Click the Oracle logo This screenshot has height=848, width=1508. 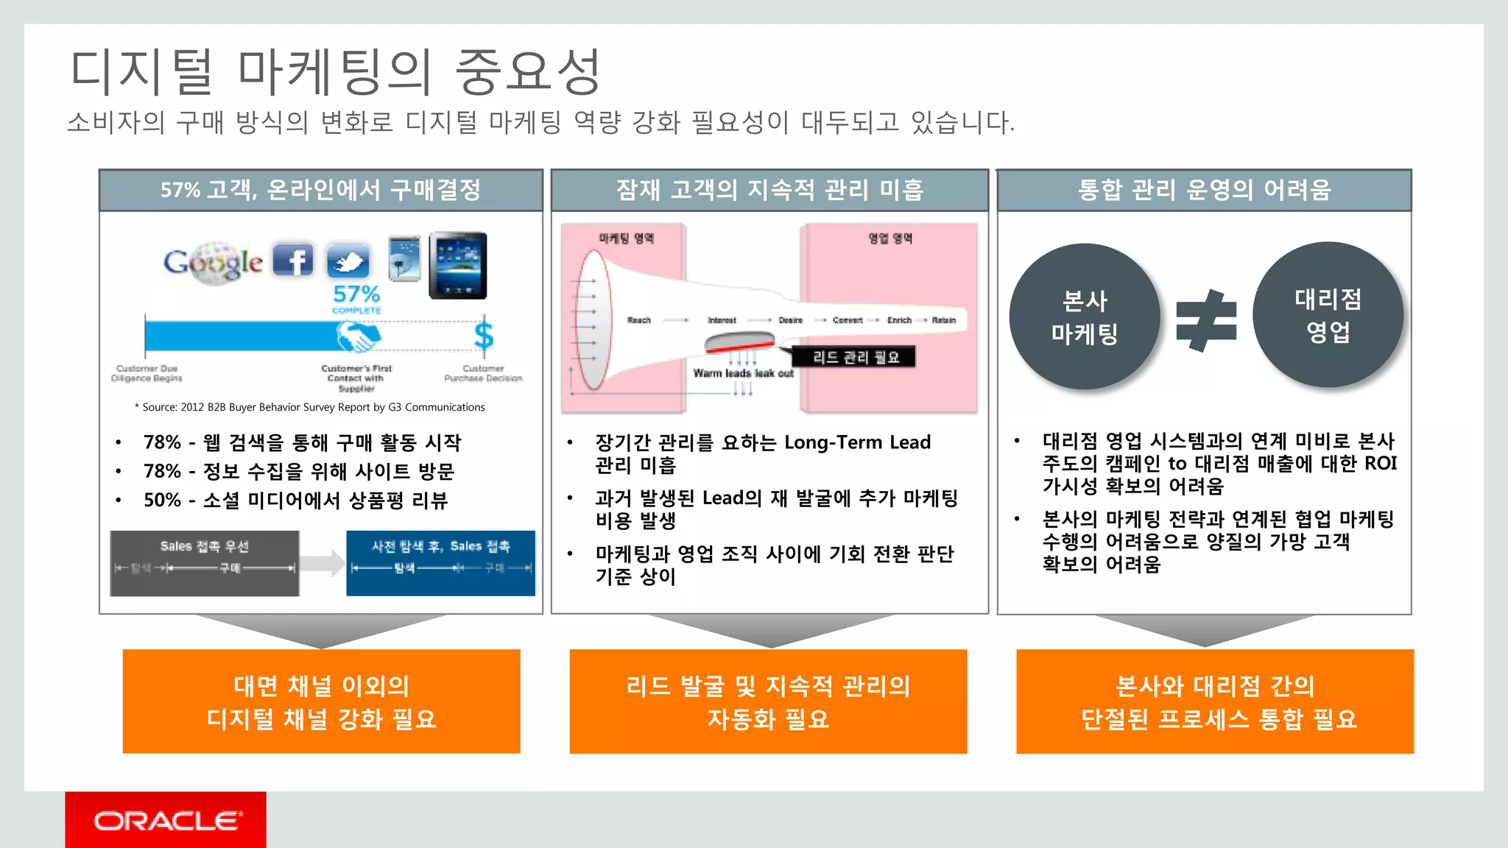tap(166, 820)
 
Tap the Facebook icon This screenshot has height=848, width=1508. tap(293, 260)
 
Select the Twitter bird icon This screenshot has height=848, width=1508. tap(348, 261)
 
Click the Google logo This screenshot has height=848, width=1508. tap(213, 263)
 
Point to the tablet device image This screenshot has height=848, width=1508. tap(458, 265)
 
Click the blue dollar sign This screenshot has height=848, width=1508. tap(484, 336)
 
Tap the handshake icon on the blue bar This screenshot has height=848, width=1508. tap(358, 336)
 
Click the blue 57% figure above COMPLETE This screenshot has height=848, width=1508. tap(356, 294)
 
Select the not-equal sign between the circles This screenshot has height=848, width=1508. tap(1206, 320)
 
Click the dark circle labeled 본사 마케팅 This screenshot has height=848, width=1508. tap(1084, 317)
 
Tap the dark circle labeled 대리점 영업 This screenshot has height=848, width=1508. tap(1328, 315)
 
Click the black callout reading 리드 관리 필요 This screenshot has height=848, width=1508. tap(855, 358)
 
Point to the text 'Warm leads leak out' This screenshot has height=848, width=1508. tap(743, 373)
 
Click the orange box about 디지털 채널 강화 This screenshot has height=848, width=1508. tap(322, 702)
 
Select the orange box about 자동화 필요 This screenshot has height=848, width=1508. tap(768, 702)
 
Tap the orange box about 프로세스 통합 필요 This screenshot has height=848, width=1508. tap(1215, 702)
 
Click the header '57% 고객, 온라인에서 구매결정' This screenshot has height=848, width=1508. tap(321, 190)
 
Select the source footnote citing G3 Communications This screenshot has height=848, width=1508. tap(310, 407)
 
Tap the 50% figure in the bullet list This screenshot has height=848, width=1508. tap(162, 501)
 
